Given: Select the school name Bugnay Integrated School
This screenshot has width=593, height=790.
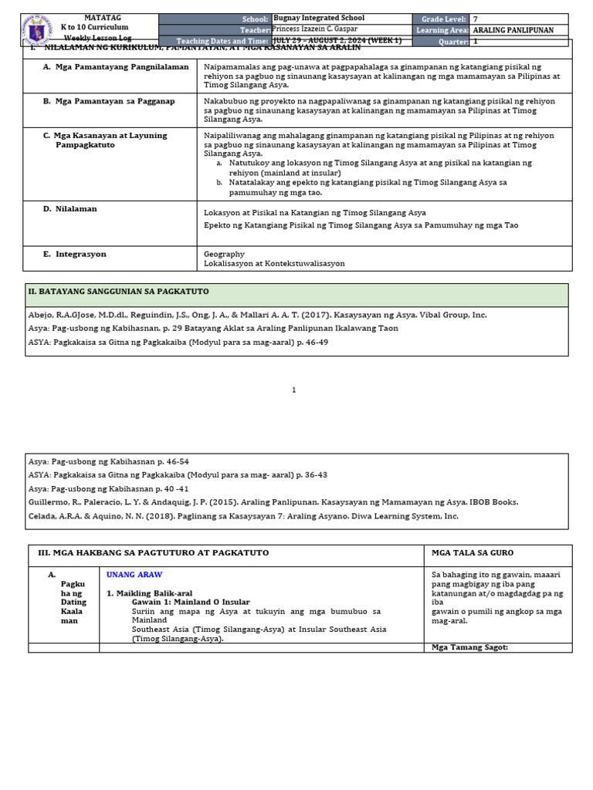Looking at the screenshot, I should click(x=319, y=18).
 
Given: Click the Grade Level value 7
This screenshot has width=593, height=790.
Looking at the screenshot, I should click(x=476, y=19).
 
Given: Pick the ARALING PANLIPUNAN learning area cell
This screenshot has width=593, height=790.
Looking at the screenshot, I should click(x=513, y=30).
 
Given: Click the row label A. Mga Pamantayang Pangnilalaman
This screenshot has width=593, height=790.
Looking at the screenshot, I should click(x=116, y=67).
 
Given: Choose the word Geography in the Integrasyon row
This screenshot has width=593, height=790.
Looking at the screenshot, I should click(x=224, y=253).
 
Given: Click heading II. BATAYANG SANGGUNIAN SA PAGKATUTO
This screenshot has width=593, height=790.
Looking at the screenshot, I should click(x=118, y=292).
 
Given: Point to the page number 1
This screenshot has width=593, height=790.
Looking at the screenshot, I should click(x=294, y=390).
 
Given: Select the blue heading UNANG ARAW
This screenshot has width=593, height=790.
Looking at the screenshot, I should click(x=134, y=575).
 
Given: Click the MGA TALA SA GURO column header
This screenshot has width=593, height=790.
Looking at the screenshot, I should click(x=472, y=553).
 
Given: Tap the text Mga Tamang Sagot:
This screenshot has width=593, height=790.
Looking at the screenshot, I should click(x=469, y=647).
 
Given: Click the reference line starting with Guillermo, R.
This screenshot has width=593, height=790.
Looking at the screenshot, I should click(x=273, y=501).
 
